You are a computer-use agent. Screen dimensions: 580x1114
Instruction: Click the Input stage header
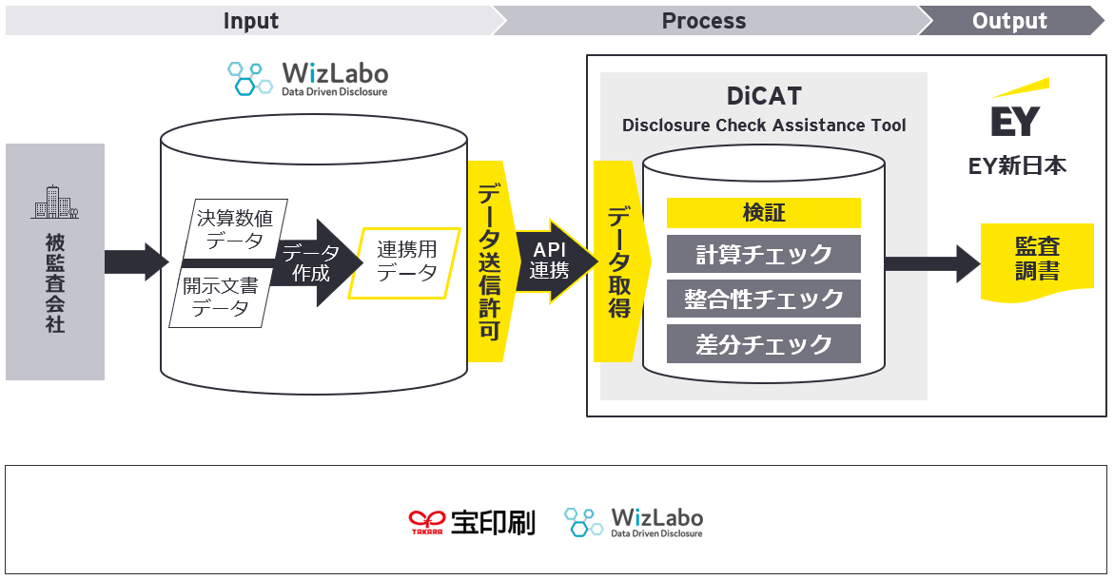coord(250,21)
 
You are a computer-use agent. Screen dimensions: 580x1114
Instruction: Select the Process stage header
coord(704,21)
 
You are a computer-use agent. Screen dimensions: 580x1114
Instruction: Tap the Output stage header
coord(1009,21)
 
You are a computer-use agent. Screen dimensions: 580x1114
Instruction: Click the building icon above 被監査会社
coord(54,203)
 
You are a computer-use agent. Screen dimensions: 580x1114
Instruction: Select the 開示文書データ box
coord(221,296)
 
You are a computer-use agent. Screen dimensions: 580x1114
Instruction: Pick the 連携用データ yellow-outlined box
coord(406,261)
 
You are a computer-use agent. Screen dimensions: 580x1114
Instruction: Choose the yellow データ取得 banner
coord(618,261)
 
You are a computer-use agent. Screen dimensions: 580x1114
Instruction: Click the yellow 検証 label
coord(763,212)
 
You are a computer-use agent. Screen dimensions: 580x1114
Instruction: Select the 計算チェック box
coord(763,254)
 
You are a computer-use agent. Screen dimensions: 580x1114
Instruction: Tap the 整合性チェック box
coord(763,299)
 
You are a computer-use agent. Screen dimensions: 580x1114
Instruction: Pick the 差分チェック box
coord(763,343)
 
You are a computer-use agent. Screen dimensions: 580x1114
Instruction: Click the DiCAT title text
coord(764,96)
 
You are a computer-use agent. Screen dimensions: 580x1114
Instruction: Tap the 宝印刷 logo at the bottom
coord(472,522)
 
